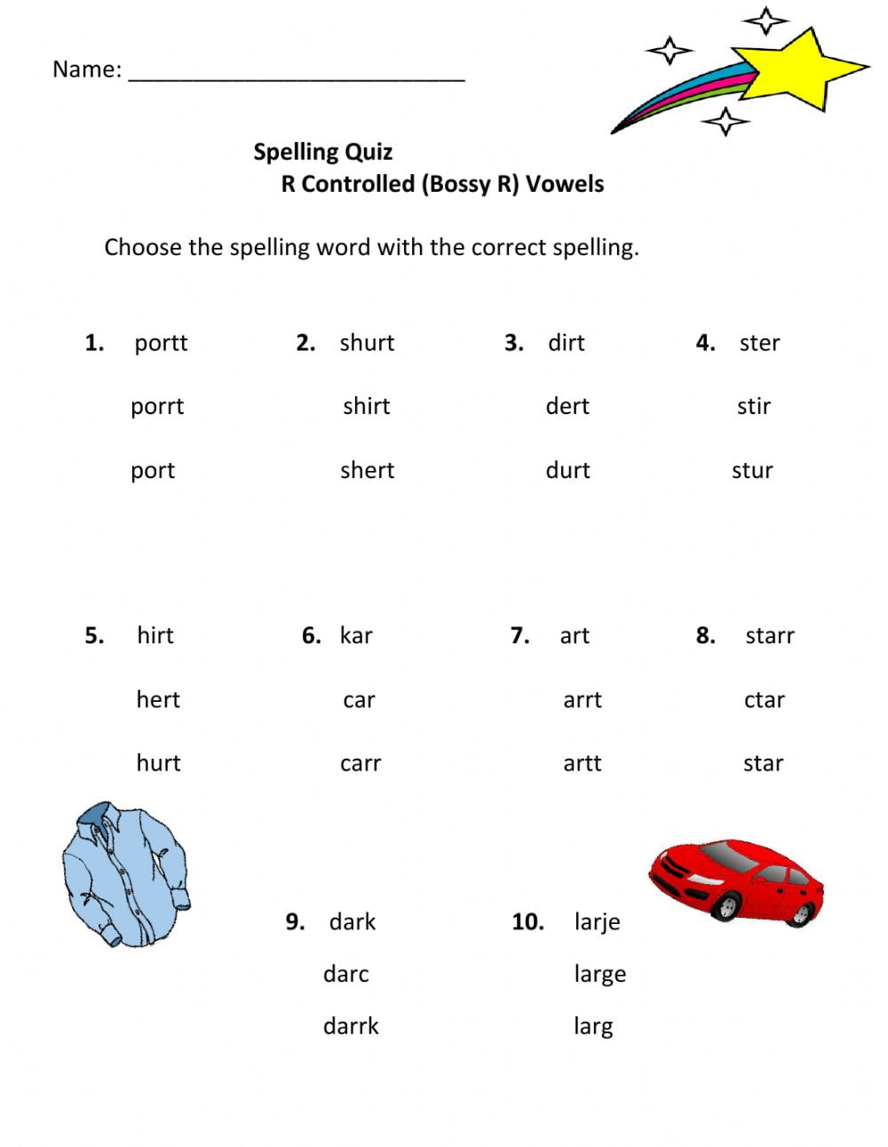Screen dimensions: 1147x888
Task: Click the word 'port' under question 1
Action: tap(153, 470)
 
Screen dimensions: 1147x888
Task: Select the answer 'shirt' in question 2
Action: tap(366, 406)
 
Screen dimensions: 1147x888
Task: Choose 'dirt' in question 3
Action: tap(566, 343)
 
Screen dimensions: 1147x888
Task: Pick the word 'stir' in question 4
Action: tap(753, 406)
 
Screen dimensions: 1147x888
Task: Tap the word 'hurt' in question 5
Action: tap(158, 763)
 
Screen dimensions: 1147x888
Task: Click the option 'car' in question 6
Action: tap(359, 700)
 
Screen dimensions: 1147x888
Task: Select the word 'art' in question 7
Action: tap(574, 636)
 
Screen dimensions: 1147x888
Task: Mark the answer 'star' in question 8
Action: tap(763, 763)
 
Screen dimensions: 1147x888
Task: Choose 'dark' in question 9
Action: tap(352, 922)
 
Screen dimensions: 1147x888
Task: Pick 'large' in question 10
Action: tap(599, 975)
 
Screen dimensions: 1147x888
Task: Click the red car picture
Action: tap(737, 880)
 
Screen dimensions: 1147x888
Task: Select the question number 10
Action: tap(527, 922)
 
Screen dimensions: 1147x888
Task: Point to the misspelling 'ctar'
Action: tap(764, 700)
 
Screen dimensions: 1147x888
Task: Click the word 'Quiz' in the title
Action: tap(368, 152)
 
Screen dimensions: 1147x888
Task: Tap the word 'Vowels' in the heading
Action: tap(565, 184)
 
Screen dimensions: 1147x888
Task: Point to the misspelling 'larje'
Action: tap(597, 922)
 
